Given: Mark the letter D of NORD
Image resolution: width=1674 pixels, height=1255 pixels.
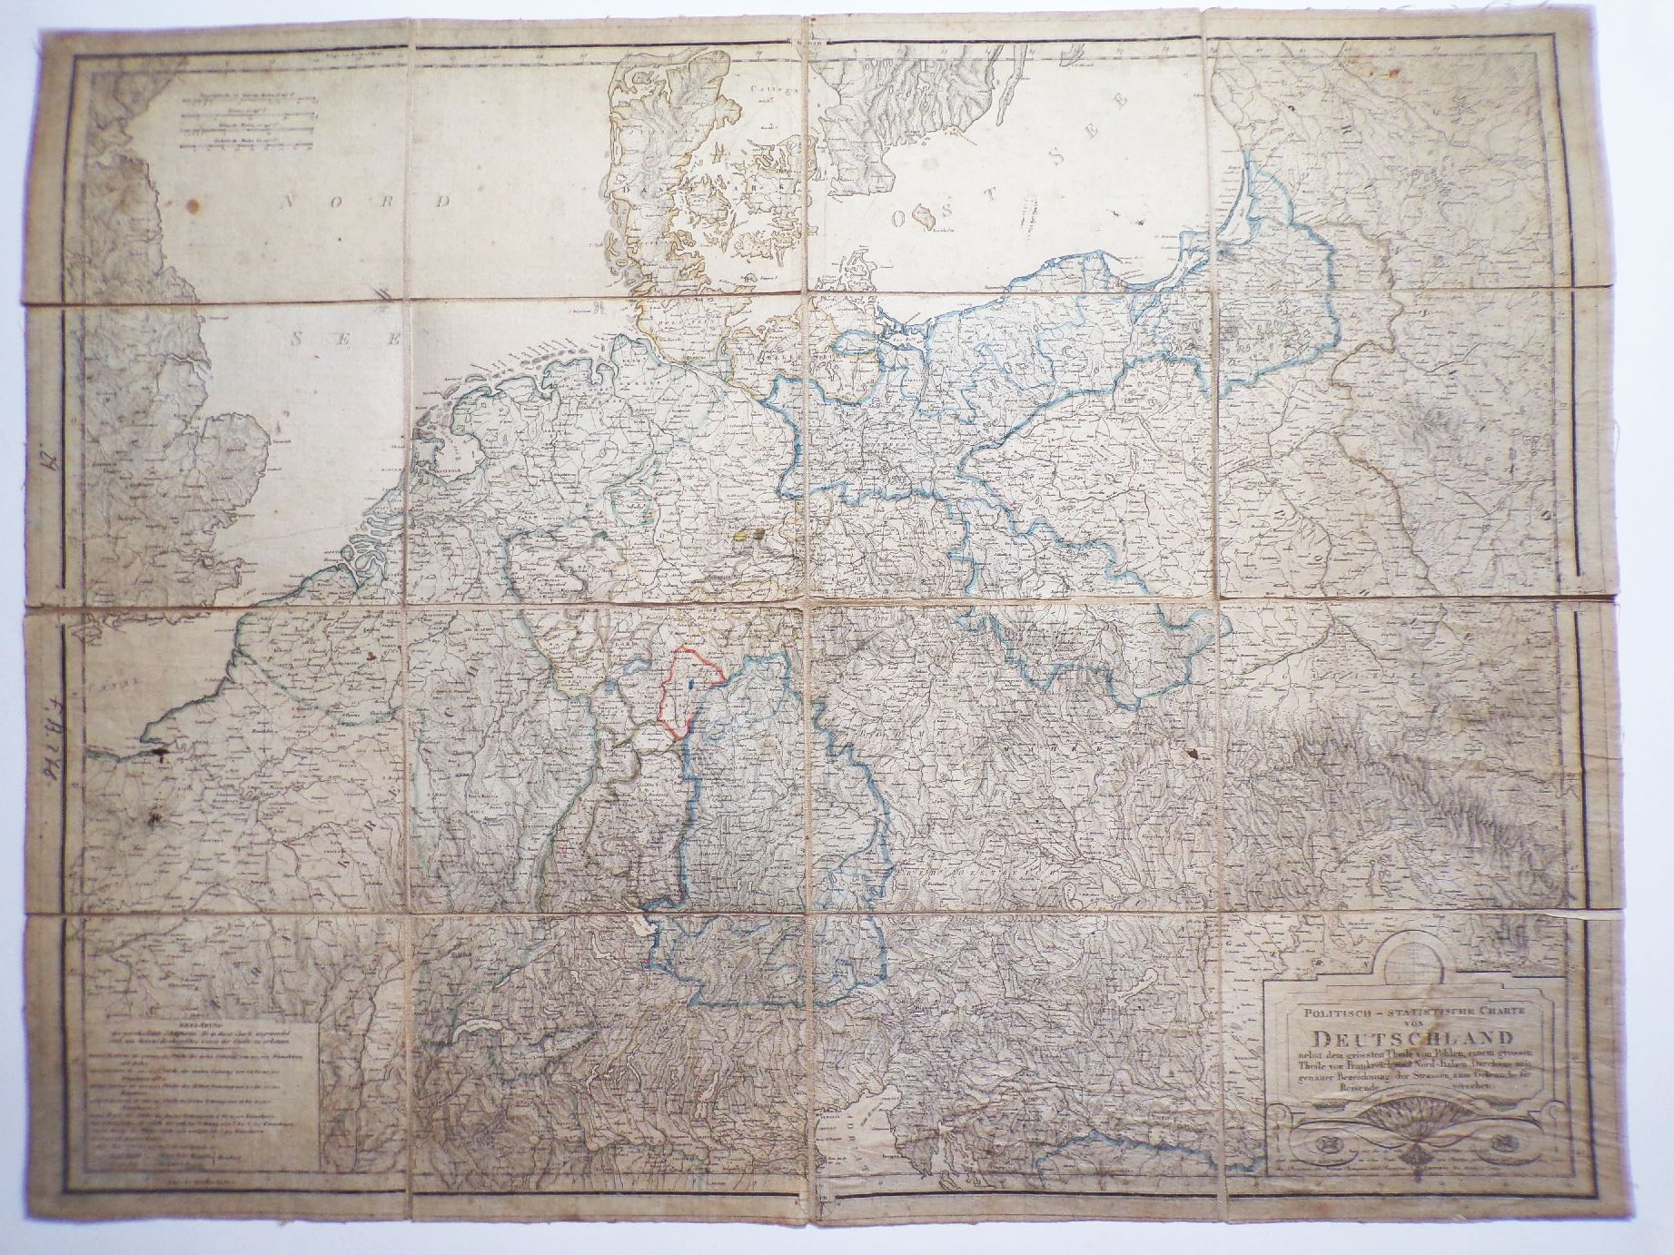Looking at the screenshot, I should [x=442, y=202].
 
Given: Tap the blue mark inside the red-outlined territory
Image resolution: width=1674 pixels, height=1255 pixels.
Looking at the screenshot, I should [x=692, y=683].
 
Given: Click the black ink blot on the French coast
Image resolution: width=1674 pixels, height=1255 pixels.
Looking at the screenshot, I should [x=160, y=751].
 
